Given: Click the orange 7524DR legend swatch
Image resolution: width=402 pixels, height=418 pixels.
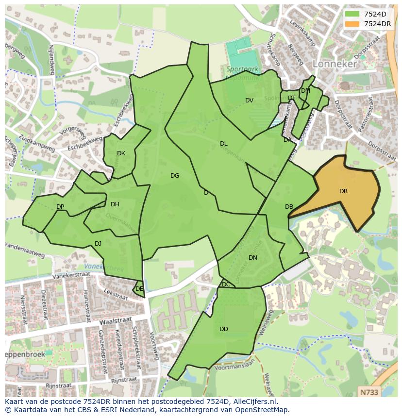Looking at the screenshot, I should (x=352, y=24).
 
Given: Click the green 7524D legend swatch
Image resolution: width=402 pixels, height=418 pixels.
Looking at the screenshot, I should (x=352, y=14).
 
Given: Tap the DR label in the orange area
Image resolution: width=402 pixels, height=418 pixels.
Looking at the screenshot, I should (x=343, y=191).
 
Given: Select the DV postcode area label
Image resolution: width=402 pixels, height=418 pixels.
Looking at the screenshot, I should (x=249, y=100).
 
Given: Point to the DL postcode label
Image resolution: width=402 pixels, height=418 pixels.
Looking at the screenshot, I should (x=223, y=144).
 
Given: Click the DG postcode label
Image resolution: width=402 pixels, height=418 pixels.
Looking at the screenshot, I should (x=175, y=176).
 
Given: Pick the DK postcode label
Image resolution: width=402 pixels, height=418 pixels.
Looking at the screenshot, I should (x=121, y=153).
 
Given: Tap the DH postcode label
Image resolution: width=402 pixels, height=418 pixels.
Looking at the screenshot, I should (x=115, y=204).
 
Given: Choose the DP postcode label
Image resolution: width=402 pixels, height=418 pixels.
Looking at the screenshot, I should (x=60, y=207).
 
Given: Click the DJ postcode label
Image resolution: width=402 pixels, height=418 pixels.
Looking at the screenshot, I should (x=98, y=244).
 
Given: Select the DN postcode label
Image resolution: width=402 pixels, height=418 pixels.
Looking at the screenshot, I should (x=252, y=258).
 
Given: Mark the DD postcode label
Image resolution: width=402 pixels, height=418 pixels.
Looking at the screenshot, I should (x=223, y=329).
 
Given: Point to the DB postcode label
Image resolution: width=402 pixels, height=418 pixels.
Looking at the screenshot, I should (x=289, y=207).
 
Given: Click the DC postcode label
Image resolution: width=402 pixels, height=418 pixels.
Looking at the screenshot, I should (x=226, y=284).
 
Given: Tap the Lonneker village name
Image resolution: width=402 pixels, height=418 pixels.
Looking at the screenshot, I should (x=335, y=64).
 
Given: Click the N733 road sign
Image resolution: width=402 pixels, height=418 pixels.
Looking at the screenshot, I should (x=371, y=391).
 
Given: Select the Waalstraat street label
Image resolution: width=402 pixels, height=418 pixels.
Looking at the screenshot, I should (x=116, y=321).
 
